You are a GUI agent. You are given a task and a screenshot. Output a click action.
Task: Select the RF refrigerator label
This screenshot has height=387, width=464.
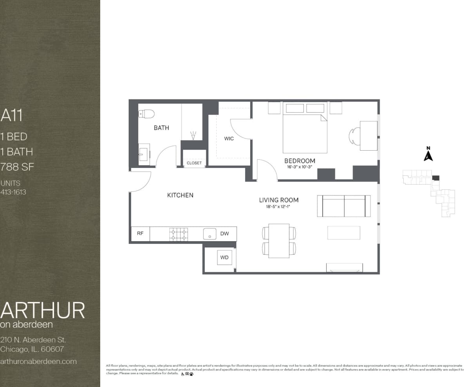coord(140,234)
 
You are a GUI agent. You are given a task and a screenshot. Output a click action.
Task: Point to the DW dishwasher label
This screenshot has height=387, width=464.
coord(224,234)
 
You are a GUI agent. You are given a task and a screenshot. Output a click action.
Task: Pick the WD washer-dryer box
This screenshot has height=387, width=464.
coord(224,257)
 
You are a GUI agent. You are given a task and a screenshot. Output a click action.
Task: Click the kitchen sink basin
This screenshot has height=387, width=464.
coord(209,234)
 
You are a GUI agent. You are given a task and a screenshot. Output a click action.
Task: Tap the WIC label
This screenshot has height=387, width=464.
coord(229,139)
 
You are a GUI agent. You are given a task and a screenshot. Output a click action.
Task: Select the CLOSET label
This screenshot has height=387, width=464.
coord(194,163)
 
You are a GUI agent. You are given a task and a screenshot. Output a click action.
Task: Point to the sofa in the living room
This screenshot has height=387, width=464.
coord(344,206)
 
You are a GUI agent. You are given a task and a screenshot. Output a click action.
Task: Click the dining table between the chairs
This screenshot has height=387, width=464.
coord(279,241)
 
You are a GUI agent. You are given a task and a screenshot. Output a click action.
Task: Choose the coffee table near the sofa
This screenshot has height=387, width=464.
coord(344,233)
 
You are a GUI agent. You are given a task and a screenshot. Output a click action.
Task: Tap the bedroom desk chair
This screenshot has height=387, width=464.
coord(354,136)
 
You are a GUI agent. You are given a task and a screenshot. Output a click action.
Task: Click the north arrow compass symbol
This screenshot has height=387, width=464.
coord(428,155)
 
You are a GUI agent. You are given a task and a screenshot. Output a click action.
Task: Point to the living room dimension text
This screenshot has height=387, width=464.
coord(279,206)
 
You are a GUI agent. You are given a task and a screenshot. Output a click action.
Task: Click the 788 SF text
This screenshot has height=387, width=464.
coord(17,167)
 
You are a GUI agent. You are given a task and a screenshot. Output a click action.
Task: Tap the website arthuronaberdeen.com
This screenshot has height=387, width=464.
coord(38,361)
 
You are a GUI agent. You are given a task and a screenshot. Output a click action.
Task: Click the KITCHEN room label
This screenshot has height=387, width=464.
coord(180,195)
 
